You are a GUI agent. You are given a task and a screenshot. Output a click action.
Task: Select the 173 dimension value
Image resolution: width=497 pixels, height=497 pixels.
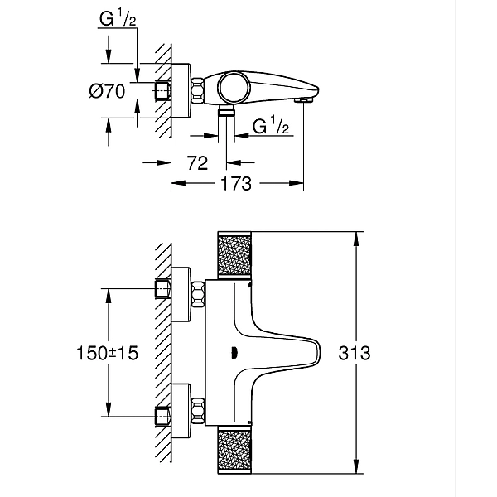click(x=236, y=184)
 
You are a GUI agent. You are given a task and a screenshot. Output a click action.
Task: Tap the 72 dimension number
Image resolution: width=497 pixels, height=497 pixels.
click(x=196, y=163)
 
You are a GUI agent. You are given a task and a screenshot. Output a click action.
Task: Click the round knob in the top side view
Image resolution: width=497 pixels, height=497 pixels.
click(x=233, y=85)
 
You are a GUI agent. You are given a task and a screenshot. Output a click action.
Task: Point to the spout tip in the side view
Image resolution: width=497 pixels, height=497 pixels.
click(x=304, y=98)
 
